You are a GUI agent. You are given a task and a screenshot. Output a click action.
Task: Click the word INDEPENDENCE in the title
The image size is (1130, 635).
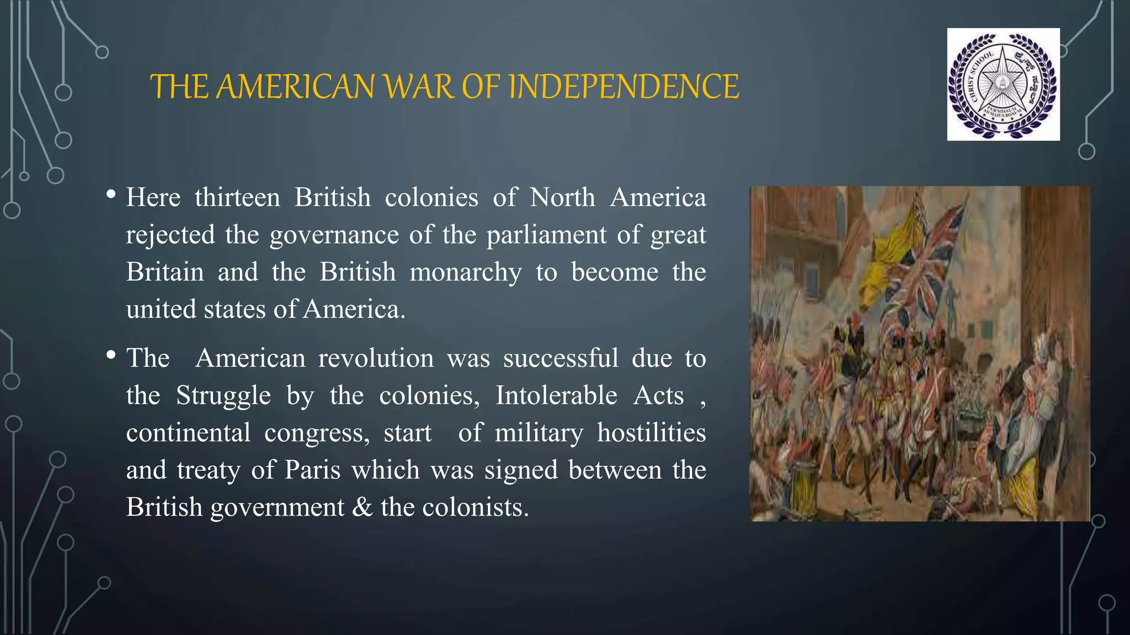pos(623,87)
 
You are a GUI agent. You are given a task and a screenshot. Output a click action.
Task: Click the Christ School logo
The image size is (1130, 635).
pos(1003,84)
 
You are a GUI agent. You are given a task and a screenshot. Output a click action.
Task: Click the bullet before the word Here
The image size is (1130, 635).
pos(111,194)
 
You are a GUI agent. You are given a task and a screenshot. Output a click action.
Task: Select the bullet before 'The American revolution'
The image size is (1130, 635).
pos(111,355)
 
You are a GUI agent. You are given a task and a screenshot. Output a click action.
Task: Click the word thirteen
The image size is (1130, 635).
pos(237,197)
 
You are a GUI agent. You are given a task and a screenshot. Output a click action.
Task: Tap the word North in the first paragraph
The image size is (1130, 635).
pos(562,197)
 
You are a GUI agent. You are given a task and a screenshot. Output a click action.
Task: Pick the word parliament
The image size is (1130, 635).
pos(546,235)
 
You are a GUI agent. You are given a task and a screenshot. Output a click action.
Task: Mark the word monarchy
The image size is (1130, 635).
pos(465,272)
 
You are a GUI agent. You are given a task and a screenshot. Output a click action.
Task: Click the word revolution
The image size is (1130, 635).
pos(376,358)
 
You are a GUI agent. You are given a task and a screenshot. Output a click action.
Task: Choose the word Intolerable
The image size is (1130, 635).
pos(556,396)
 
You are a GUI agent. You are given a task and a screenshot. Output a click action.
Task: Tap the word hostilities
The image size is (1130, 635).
pos(651,433)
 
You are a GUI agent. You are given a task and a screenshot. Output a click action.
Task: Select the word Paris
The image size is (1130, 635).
pos(312,470)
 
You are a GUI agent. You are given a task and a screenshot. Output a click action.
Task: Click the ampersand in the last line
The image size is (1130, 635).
pos(363,507)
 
